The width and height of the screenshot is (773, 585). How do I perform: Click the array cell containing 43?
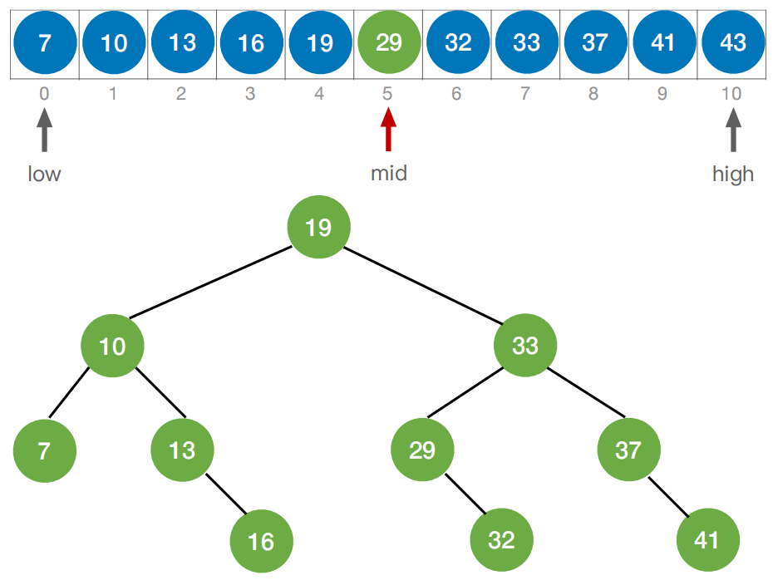point(733,43)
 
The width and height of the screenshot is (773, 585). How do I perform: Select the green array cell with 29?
point(388,43)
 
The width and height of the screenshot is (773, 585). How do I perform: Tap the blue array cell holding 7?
point(45,43)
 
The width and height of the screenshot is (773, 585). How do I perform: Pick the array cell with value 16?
point(251,43)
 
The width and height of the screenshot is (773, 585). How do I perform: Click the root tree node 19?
point(319,227)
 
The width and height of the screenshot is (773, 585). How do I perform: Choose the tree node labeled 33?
point(525,345)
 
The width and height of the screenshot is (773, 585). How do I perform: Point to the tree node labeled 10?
point(112,345)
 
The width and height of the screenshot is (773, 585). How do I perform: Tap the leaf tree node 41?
point(707,540)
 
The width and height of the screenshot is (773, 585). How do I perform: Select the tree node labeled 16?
point(261,541)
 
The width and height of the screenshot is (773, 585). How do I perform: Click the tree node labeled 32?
point(501,540)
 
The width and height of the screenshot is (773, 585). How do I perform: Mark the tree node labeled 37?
point(628,450)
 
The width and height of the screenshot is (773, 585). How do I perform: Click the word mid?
point(388,174)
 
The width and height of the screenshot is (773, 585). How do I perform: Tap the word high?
point(733,174)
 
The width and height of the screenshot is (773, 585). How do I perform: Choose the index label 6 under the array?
point(456,94)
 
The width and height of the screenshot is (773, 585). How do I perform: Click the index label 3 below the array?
point(250,94)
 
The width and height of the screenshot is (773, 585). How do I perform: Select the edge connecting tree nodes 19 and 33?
point(422,286)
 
